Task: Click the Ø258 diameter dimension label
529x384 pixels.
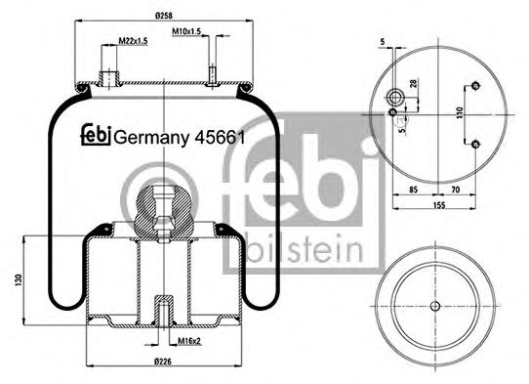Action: tap(163, 15)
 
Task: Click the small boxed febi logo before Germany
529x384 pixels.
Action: tap(96, 137)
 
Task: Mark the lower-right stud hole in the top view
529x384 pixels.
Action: tap(474, 146)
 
